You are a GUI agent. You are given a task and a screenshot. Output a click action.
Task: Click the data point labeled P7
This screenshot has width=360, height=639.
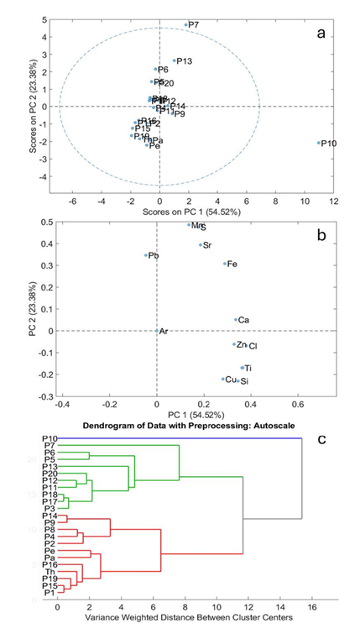tap(186, 24)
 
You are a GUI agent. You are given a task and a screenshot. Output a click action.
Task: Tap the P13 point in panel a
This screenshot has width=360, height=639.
tap(175, 60)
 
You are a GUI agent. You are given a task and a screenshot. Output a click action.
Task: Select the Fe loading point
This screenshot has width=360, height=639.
tap(225, 264)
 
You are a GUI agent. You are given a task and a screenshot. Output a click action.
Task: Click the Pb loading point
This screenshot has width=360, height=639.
tap(146, 255)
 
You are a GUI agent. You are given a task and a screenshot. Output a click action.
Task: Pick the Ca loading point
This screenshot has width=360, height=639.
tap(236, 320)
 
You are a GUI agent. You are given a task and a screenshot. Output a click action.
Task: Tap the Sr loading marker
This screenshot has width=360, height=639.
tap(201, 245)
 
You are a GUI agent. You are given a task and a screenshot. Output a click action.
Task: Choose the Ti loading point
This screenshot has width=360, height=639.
tap(243, 368)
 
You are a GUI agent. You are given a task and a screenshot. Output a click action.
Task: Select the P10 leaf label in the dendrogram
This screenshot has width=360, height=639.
tap(49, 438)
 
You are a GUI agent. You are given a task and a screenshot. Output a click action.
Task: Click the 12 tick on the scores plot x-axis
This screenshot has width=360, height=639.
tap(333, 202)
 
